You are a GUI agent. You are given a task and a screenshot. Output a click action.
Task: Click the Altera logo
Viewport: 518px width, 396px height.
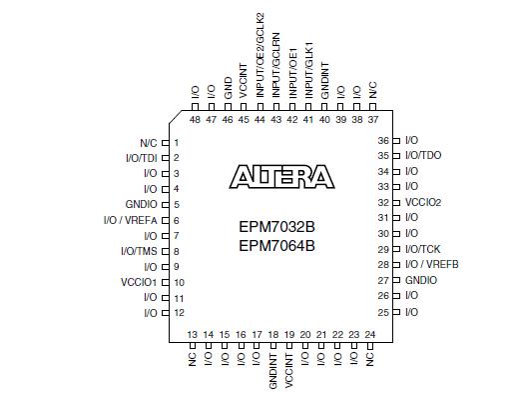pos(282,178)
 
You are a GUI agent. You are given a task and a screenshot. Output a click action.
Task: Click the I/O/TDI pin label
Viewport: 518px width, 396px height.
pos(140,158)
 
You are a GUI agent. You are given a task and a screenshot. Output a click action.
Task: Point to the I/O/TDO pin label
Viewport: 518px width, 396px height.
pos(423,156)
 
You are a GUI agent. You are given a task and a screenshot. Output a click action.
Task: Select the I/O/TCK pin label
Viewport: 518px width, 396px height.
pos(423,249)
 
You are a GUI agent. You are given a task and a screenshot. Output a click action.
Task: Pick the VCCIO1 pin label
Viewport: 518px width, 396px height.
pos(139,282)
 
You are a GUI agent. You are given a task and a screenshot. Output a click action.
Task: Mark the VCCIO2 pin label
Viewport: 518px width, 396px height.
pos(423,202)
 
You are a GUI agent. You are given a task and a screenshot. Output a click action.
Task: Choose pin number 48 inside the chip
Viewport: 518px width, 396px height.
pos(195,118)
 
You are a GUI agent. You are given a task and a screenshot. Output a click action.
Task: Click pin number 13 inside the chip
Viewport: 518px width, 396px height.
pos(192,334)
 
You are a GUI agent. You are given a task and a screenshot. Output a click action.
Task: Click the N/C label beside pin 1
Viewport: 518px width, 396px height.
pos(148,142)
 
